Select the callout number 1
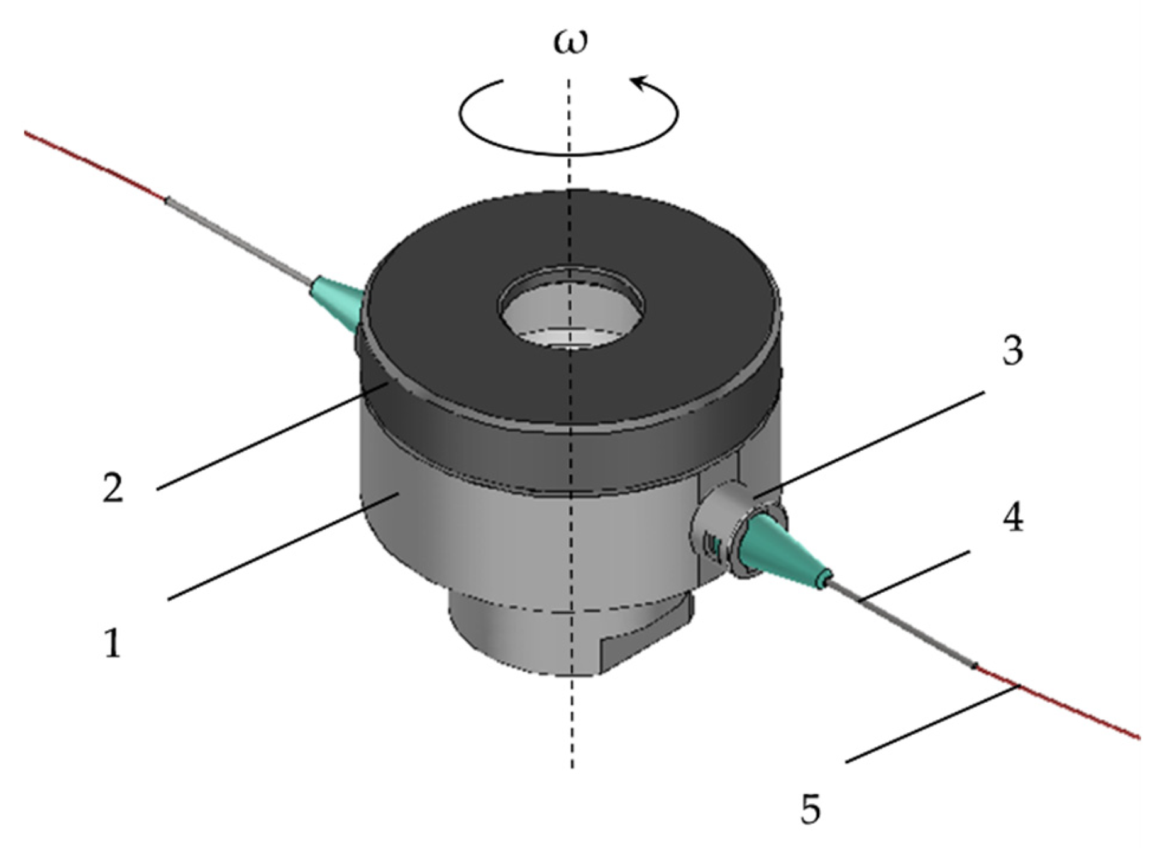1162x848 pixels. click(x=113, y=644)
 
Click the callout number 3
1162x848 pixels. click(x=1012, y=351)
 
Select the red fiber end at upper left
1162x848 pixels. click(x=94, y=167)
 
